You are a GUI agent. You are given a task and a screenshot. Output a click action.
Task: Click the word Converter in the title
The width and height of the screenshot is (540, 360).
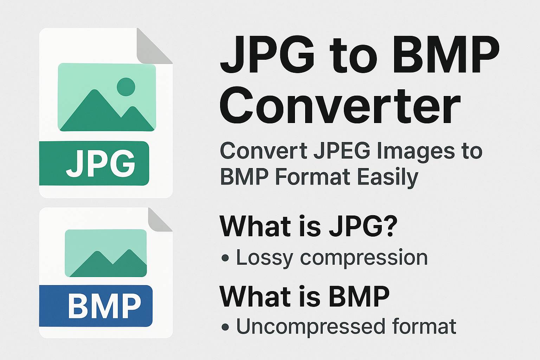[x=340, y=106]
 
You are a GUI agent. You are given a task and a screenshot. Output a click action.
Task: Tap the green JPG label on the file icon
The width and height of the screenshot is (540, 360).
[x=94, y=163]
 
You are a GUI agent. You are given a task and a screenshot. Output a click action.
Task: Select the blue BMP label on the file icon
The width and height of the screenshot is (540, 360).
[x=96, y=306]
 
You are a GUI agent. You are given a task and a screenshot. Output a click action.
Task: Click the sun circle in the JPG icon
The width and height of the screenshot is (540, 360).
[x=126, y=87]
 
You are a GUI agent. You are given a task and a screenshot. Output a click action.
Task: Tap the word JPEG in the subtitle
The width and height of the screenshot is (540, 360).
[x=342, y=151]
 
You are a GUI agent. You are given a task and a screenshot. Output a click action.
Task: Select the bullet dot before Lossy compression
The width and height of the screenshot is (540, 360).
[x=225, y=258]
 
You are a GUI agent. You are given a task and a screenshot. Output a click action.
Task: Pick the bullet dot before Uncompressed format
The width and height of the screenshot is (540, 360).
[x=225, y=327]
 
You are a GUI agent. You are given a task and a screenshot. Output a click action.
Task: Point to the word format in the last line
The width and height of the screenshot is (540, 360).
[x=424, y=326]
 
